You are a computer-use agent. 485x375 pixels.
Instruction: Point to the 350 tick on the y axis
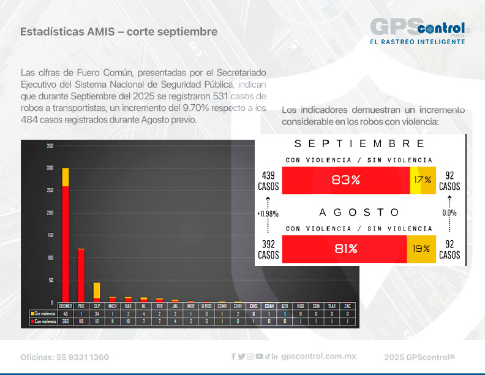pos(50,146)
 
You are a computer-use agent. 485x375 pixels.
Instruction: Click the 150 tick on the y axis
pos(50,235)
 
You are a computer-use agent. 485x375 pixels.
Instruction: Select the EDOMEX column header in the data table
pos(65,305)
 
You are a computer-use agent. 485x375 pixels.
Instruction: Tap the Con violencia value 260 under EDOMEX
pos(65,320)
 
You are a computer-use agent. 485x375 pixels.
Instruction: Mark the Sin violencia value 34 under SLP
pos(97,312)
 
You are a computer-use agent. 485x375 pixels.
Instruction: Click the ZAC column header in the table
pos(348,305)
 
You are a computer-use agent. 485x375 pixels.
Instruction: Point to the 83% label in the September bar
pos(346,180)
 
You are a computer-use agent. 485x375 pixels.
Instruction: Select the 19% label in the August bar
pos(421,249)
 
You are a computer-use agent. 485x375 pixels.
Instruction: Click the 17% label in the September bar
pos(423,180)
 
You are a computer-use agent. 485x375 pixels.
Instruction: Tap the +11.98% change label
pos(268,214)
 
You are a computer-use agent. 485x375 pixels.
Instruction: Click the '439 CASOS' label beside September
pos(268,180)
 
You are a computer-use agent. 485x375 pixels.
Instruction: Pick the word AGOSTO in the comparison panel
pos(359,212)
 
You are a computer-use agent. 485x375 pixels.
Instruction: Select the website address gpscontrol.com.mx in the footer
pos(318,357)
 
